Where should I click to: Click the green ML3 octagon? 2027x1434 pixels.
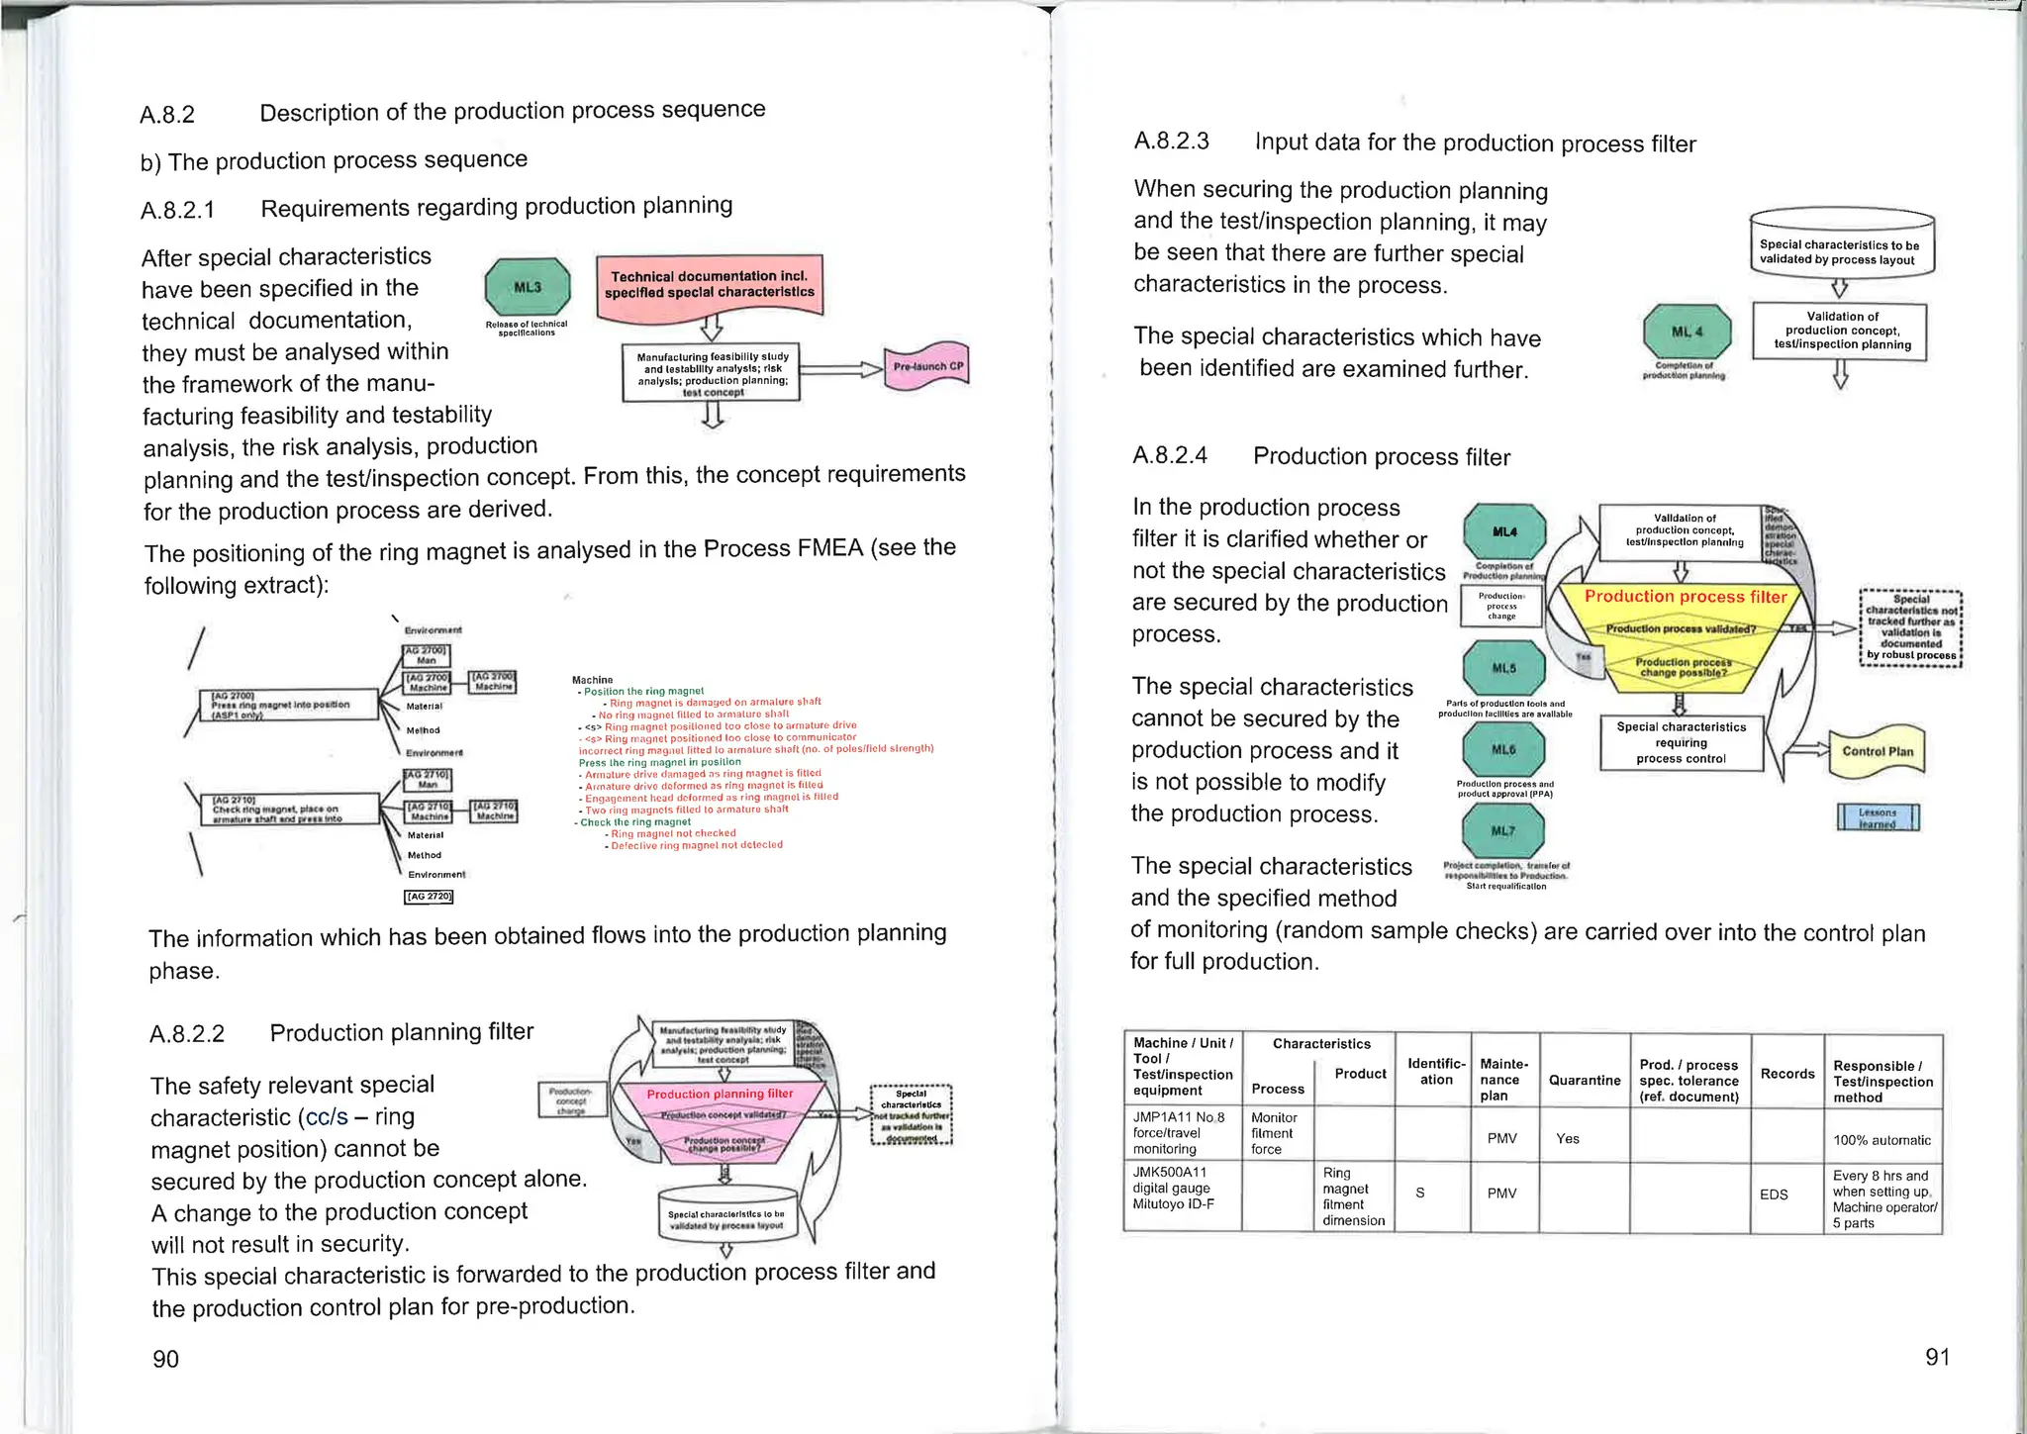(x=528, y=287)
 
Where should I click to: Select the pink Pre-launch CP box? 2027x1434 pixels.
(x=927, y=366)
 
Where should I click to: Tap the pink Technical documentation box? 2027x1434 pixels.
(x=710, y=284)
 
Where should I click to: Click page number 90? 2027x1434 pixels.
(x=165, y=1359)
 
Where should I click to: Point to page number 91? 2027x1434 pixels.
(x=1937, y=1357)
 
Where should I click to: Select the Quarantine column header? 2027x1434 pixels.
(x=1584, y=1080)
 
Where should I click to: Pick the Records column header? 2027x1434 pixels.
(x=1786, y=1073)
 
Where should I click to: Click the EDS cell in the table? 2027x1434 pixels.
(x=1774, y=1195)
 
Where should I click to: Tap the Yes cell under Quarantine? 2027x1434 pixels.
(x=1567, y=1139)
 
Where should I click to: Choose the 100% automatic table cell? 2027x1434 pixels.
(x=1881, y=1140)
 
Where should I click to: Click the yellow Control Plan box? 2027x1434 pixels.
(x=1877, y=751)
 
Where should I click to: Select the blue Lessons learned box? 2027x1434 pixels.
(x=1877, y=817)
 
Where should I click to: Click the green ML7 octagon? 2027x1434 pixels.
(x=1502, y=830)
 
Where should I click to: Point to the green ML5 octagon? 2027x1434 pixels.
(x=1502, y=668)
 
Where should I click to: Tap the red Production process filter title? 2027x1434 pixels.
(x=1685, y=597)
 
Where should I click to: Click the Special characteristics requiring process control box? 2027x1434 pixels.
(x=1681, y=742)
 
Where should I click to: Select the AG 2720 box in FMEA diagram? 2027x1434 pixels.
(x=429, y=897)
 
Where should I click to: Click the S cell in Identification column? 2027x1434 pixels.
(x=1419, y=1194)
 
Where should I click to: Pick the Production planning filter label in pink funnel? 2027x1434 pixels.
(x=720, y=1094)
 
